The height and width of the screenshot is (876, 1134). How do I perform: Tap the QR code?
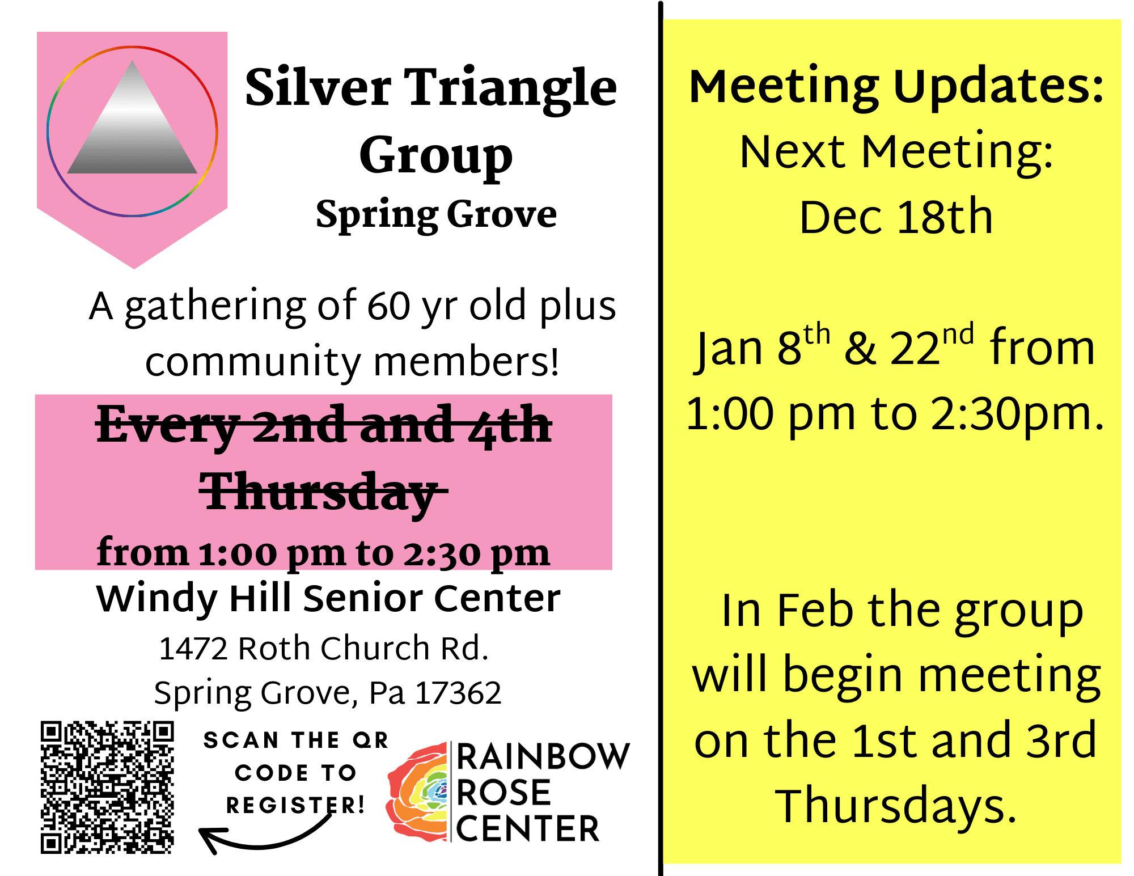(107, 787)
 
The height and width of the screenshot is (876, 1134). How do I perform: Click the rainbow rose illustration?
(418, 792)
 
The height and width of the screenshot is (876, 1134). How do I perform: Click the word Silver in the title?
(318, 87)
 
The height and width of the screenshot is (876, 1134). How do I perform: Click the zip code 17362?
(459, 693)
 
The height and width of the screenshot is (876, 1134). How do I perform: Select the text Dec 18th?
(896, 217)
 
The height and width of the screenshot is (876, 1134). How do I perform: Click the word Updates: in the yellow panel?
(999, 87)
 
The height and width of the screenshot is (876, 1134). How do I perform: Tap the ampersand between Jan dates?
(860, 348)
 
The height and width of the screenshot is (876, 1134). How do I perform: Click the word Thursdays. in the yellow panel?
(896, 805)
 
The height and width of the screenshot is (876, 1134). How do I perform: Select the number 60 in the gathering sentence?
(388, 306)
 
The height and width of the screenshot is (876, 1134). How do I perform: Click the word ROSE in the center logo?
(503, 793)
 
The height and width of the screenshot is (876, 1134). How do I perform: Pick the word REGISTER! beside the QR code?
(295, 805)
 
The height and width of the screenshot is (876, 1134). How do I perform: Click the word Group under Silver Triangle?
(435, 156)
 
